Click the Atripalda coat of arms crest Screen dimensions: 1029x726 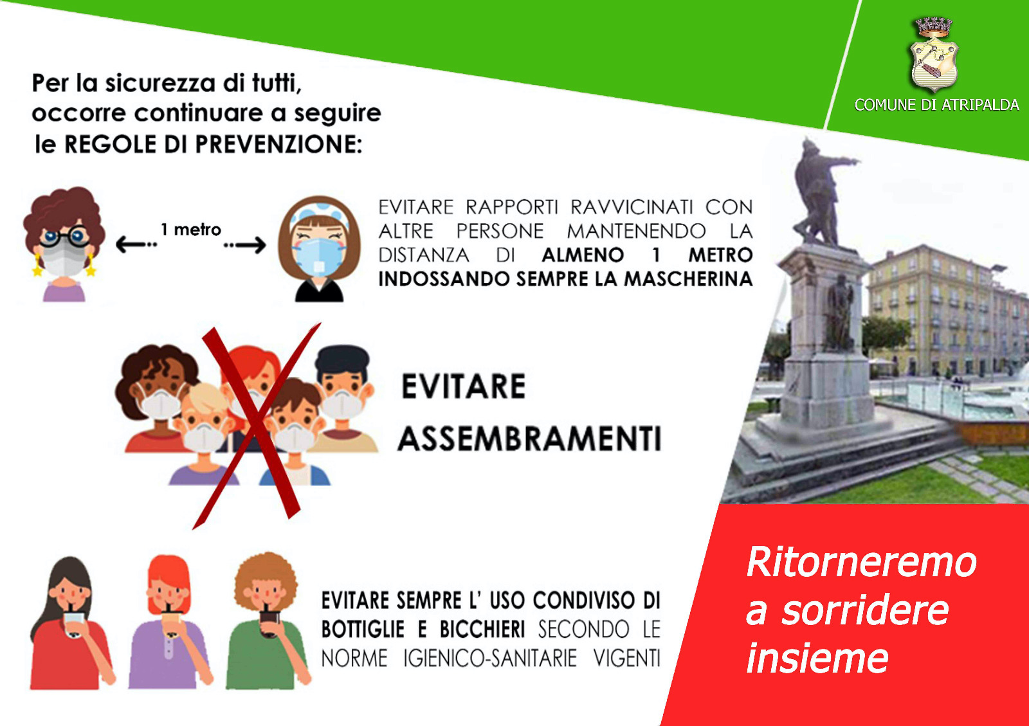click(x=934, y=55)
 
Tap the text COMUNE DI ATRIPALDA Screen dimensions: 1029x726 click(x=936, y=105)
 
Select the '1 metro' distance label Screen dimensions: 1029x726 click(x=190, y=229)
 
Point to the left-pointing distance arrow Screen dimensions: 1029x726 click(x=136, y=244)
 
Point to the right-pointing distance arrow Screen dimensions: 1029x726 click(x=245, y=245)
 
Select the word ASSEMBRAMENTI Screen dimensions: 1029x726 click(x=529, y=439)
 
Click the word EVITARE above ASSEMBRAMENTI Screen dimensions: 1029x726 click(x=464, y=386)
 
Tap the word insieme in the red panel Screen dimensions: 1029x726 click(x=817, y=658)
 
